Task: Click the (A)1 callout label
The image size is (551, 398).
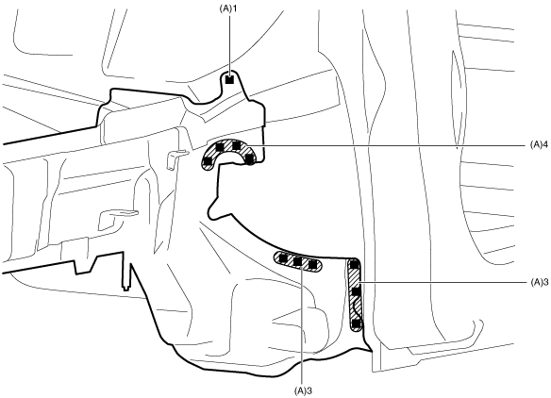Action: coord(228,8)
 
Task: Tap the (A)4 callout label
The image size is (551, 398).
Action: coord(539,145)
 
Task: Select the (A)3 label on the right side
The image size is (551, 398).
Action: coord(539,282)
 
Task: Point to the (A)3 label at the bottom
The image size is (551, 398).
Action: coord(303,390)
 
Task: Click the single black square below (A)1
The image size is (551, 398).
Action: coord(229,80)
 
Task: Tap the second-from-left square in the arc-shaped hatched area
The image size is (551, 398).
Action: coord(221,146)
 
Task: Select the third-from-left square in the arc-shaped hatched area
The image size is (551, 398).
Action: coord(237,145)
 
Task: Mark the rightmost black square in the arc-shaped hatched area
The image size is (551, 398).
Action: coord(249,159)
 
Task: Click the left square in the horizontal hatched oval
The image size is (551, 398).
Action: coord(283,259)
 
